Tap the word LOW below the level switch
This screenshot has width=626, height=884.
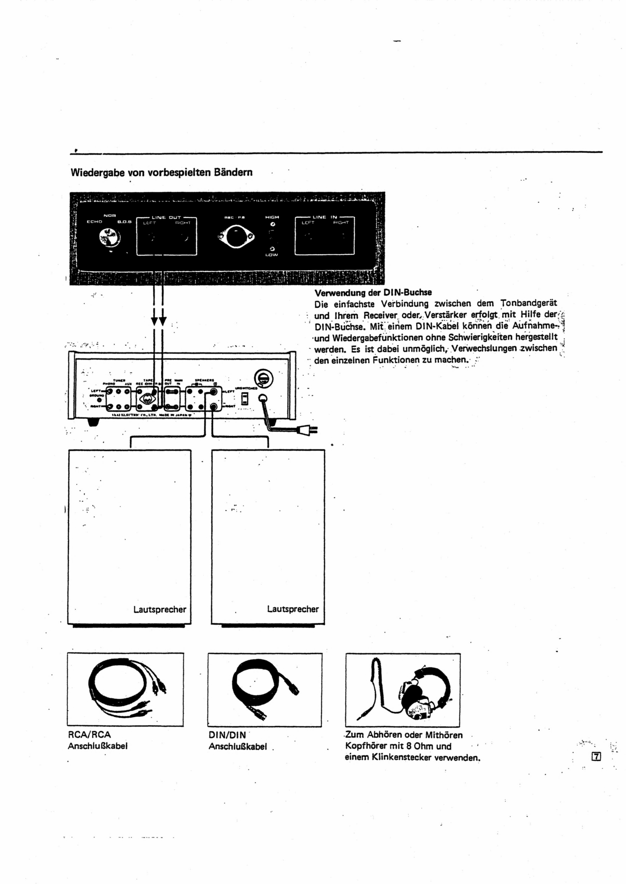coord(272,255)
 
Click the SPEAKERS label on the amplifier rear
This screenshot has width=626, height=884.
coord(204,380)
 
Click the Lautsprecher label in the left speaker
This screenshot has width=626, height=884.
coord(160,609)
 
